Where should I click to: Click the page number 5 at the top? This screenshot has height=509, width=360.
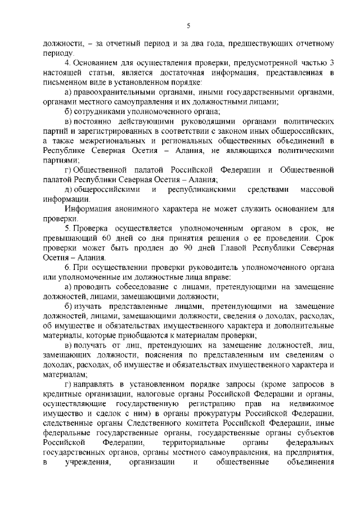pyautogui.click(x=188, y=25)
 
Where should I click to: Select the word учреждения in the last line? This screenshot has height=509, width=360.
pyautogui.click(x=84, y=464)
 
